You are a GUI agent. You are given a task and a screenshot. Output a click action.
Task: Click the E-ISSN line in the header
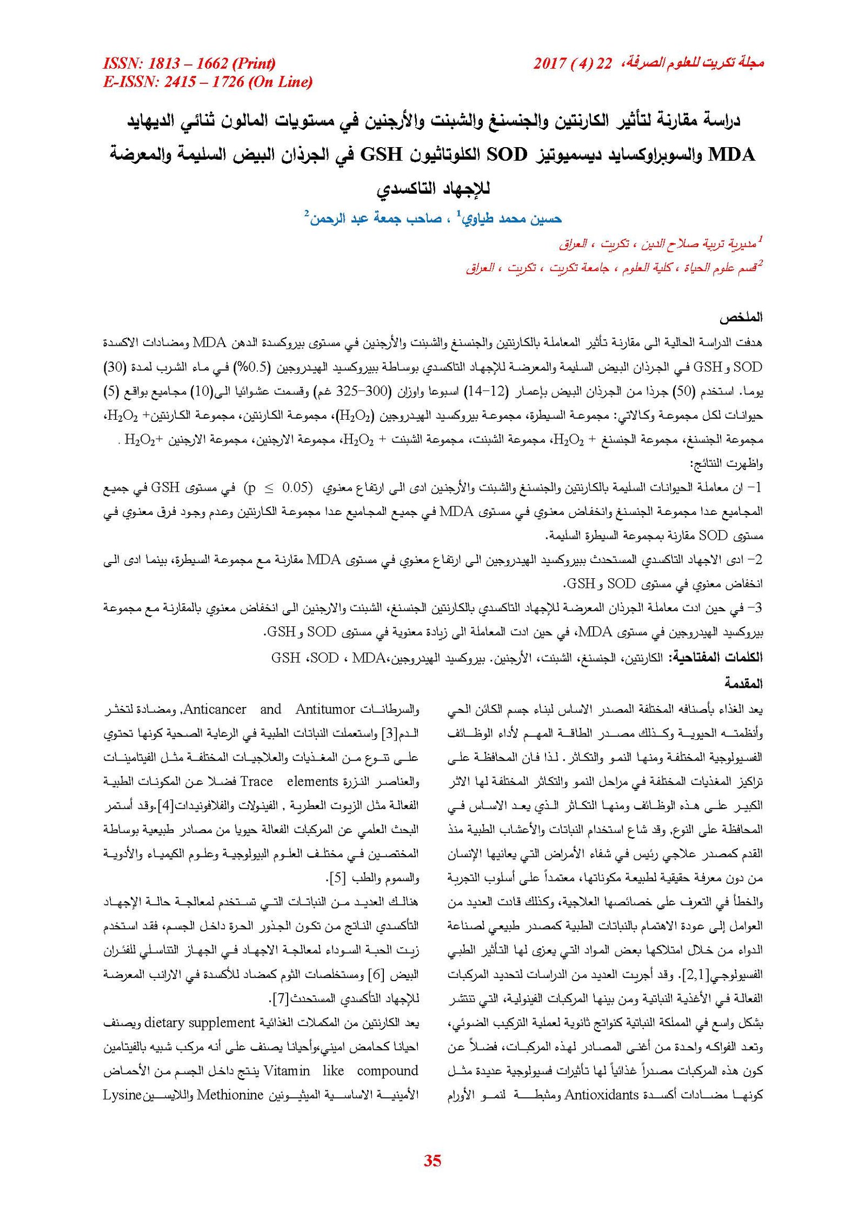click(x=208, y=82)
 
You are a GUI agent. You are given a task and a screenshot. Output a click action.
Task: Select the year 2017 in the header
click(x=549, y=64)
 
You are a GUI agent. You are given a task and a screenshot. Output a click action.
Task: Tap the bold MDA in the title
click(x=731, y=155)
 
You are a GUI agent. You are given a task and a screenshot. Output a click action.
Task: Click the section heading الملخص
click(x=744, y=317)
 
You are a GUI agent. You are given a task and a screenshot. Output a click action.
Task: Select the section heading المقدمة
click(x=743, y=684)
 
